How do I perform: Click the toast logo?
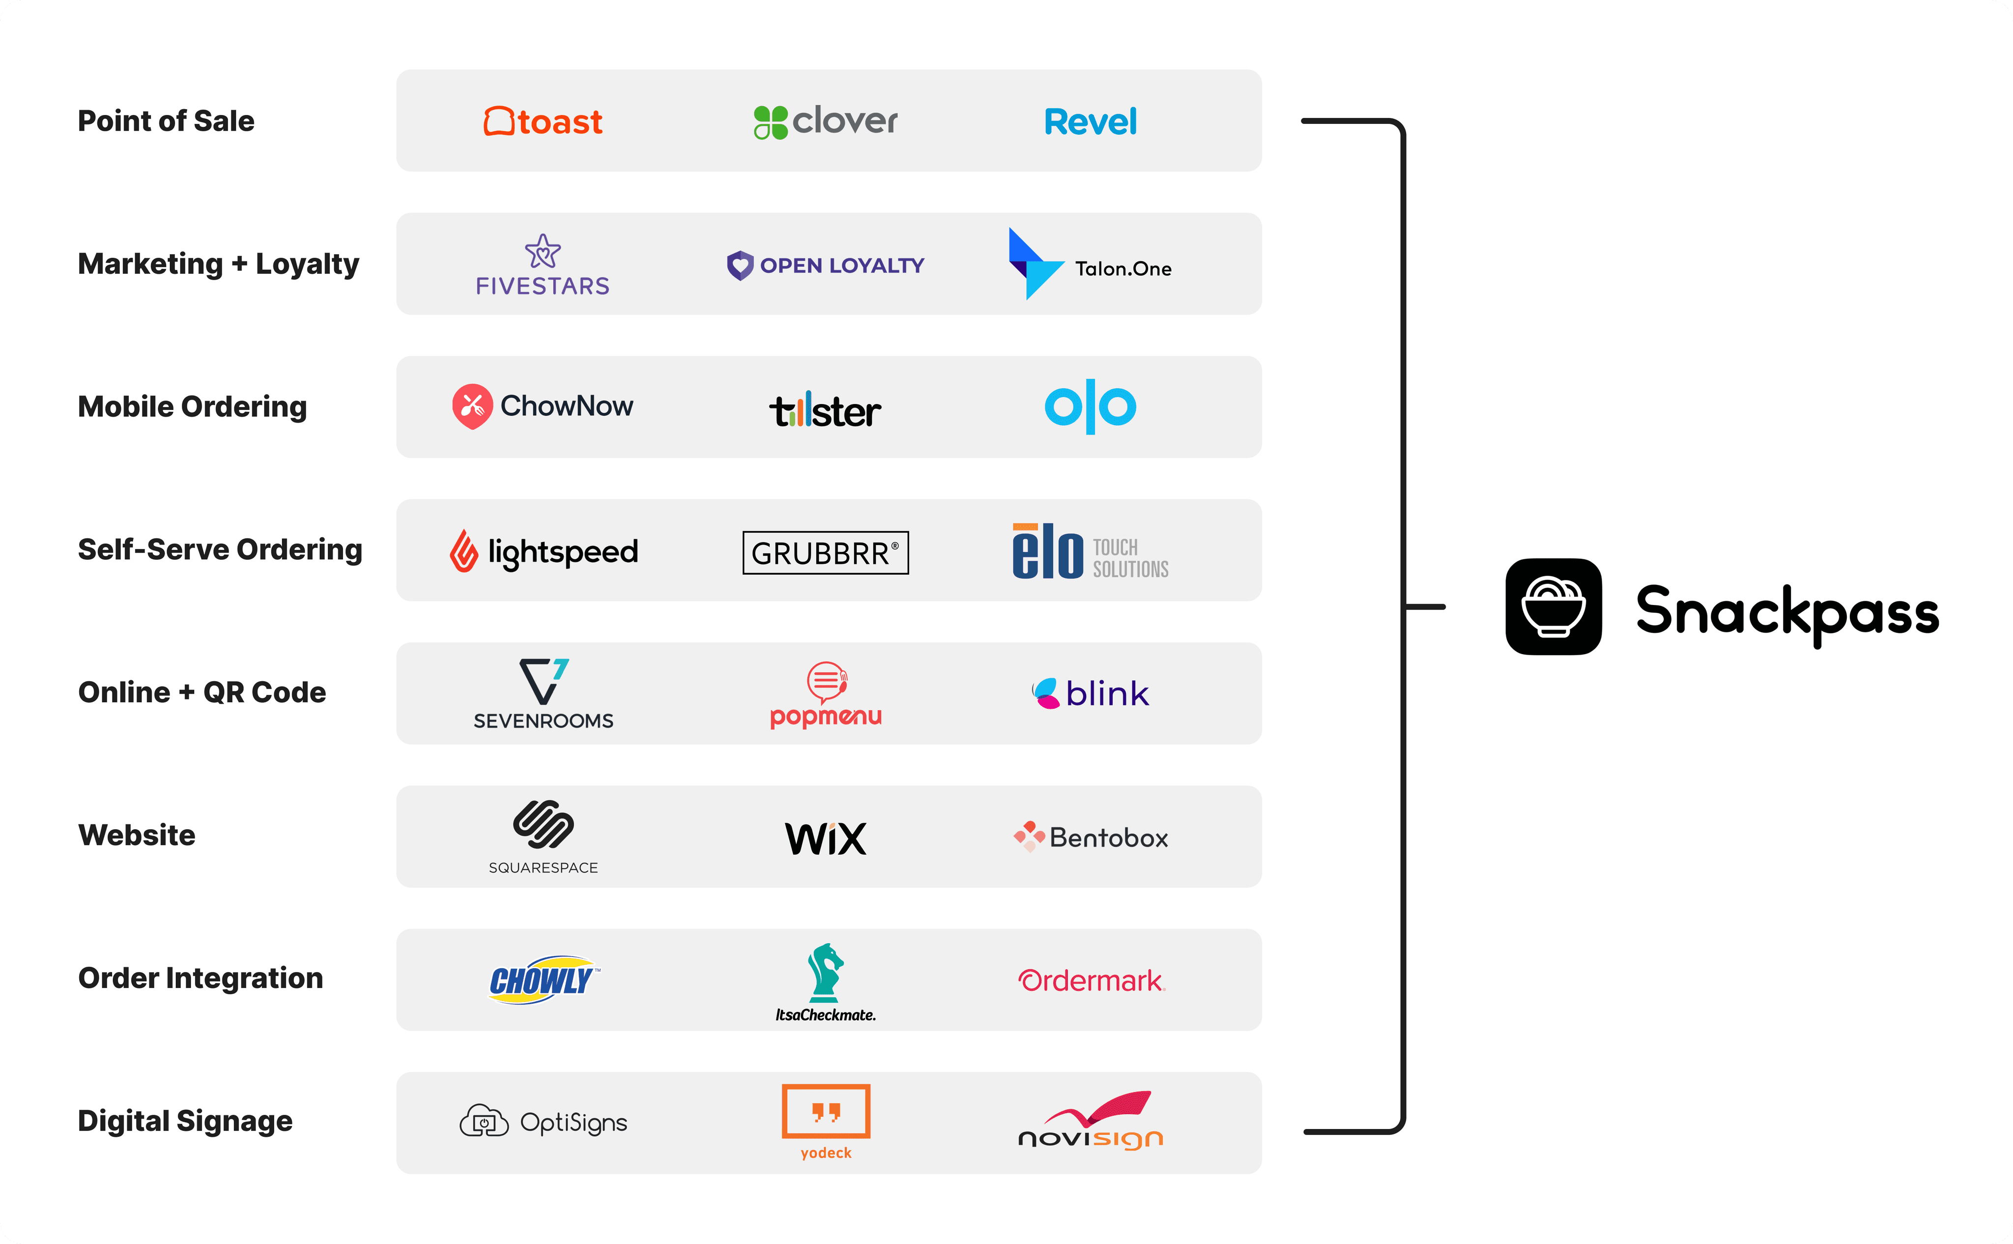[x=543, y=122]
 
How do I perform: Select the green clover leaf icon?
[x=771, y=122]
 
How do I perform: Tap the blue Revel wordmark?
[x=1090, y=122]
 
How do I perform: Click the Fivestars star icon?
[x=543, y=252]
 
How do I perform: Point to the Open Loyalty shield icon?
[x=740, y=265]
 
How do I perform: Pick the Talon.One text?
[x=1123, y=269]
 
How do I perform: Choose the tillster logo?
[x=825, y=410]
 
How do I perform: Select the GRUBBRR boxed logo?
[x=825, y=553]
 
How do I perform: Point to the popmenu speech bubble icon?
[x=827, y=681]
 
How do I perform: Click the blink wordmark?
[x=1107, y=694]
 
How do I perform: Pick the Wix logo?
[x=825, y=839]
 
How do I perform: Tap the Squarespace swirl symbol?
[x=543, y=824]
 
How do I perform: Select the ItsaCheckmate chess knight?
[x=825, y=973]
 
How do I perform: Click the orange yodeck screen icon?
[x=825, y=1111]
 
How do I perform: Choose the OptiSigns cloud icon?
[x=484, y=1122]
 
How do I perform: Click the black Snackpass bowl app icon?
[x=1553, y=607]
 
